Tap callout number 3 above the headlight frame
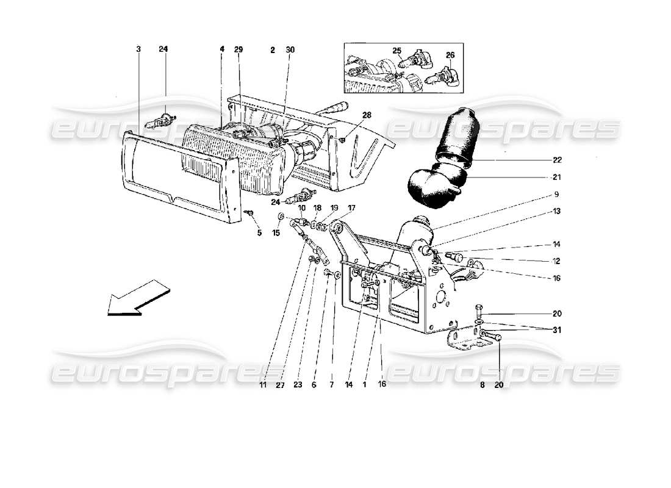tap(138, 49)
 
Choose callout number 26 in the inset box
tap(450, 55)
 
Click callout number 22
tap(558, 160)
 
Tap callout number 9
tap(558, 195)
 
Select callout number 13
tap(558, 212)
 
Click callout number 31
tap(558, 330)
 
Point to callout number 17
tap(351, 208)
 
